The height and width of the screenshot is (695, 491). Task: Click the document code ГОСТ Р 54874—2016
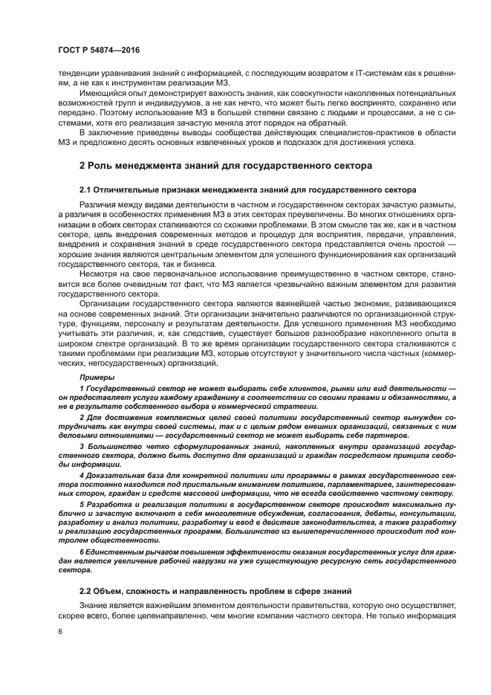tap(98, 50)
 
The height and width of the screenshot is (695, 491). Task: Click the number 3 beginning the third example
tap(82, 445)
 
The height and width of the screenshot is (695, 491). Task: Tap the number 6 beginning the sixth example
tap(82, 551)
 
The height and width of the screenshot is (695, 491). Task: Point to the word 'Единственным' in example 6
tap(114, 551)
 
